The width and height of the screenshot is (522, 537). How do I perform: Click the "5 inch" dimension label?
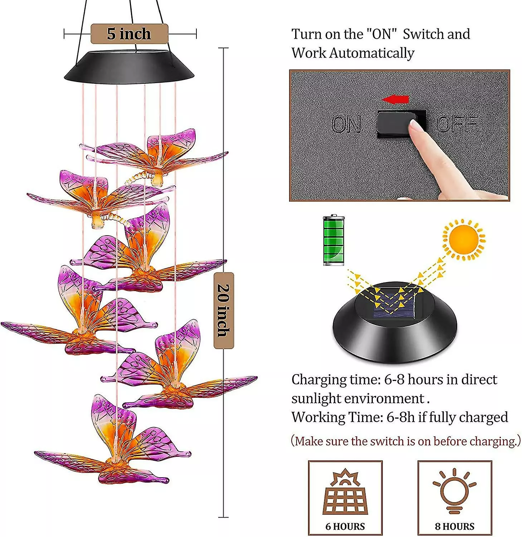point(129,34)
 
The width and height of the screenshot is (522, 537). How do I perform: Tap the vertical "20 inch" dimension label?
point(224,310)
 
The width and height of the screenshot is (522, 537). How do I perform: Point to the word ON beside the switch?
point(346,125)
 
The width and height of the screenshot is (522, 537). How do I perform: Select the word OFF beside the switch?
point(457,124)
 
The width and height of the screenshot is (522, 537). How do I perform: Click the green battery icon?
point(333,240)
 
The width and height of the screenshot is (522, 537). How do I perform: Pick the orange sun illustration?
point(464,239)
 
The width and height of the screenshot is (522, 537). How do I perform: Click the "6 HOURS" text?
point(345,526)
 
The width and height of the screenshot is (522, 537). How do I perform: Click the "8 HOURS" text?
point(454,526)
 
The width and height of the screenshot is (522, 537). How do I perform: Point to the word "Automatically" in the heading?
point(371,53)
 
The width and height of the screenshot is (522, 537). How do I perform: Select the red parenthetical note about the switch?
point(406,441)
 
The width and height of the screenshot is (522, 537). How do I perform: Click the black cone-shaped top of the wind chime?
point(129,66)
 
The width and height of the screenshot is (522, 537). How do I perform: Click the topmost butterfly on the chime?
point(157,154)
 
